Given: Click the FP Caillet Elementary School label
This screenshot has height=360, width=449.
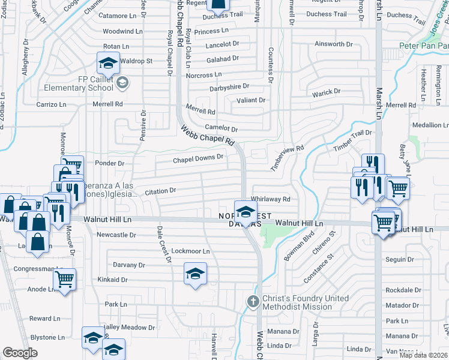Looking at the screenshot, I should tap(79, 83).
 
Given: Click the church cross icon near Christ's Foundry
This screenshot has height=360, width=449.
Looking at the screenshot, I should tap(253, 301).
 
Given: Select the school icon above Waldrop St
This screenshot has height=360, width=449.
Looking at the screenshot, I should tap(107, 62).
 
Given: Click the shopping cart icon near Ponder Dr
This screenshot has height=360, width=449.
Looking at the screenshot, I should tap(72, 166).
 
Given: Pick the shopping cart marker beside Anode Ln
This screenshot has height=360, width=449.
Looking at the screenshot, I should tap(65, 278).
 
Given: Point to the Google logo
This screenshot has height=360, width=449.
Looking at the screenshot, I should tap(20, 353).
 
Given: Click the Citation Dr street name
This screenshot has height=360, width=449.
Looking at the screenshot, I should tap(160, 191).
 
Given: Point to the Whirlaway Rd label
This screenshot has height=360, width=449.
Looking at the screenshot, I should tap(271, 199).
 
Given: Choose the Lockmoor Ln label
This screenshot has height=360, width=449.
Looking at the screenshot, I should tap(190, 251).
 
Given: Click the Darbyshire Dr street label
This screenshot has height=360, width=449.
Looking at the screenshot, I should tap(213, 87).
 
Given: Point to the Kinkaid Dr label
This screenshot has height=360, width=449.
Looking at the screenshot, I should tap(112, 280).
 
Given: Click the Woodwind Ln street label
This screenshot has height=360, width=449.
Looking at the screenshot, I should tap(122, 31).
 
